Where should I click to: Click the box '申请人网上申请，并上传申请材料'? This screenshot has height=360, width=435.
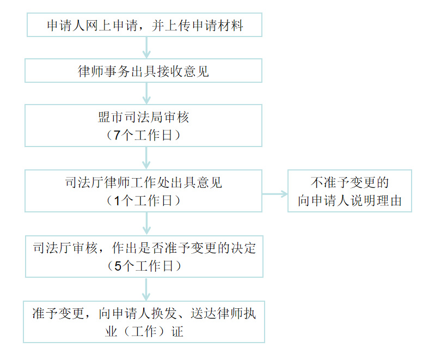tap(144, 26)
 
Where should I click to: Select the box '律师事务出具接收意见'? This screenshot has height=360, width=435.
tap(144, 71)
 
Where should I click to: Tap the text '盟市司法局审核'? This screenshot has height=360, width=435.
tap(144, 118)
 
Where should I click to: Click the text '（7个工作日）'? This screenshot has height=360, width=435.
tap(144, 135)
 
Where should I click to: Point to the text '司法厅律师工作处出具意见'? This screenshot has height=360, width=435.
tap(144, 183)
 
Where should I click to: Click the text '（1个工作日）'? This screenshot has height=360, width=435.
tap(144, 200)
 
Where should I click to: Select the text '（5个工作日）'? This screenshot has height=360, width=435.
tap(144, 266)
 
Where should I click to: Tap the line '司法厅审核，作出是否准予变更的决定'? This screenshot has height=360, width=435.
tap(144, 248)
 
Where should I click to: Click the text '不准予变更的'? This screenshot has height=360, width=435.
tap(350, 182)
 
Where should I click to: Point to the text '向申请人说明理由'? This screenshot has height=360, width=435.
tap(350, 200)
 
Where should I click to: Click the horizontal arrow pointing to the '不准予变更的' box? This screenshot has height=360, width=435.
tap(275, 193)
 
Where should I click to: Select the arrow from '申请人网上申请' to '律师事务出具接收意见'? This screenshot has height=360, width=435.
tap(146, 48)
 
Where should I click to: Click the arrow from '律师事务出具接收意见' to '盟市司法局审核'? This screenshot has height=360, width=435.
tap(146, 94)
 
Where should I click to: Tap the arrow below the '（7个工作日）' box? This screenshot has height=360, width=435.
tap(146, 158)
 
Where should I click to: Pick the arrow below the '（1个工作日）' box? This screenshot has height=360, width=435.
tap(146, 223)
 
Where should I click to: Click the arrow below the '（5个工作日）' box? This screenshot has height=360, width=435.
tap(146, 289)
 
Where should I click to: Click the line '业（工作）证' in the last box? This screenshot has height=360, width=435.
tap(144, 332)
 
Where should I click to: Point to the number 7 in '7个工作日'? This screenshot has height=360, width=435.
tap(116, 136)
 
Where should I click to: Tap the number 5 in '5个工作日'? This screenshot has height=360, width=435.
tap(116, 266)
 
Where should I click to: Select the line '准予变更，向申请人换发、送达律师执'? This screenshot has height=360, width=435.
tap(144, 314)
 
